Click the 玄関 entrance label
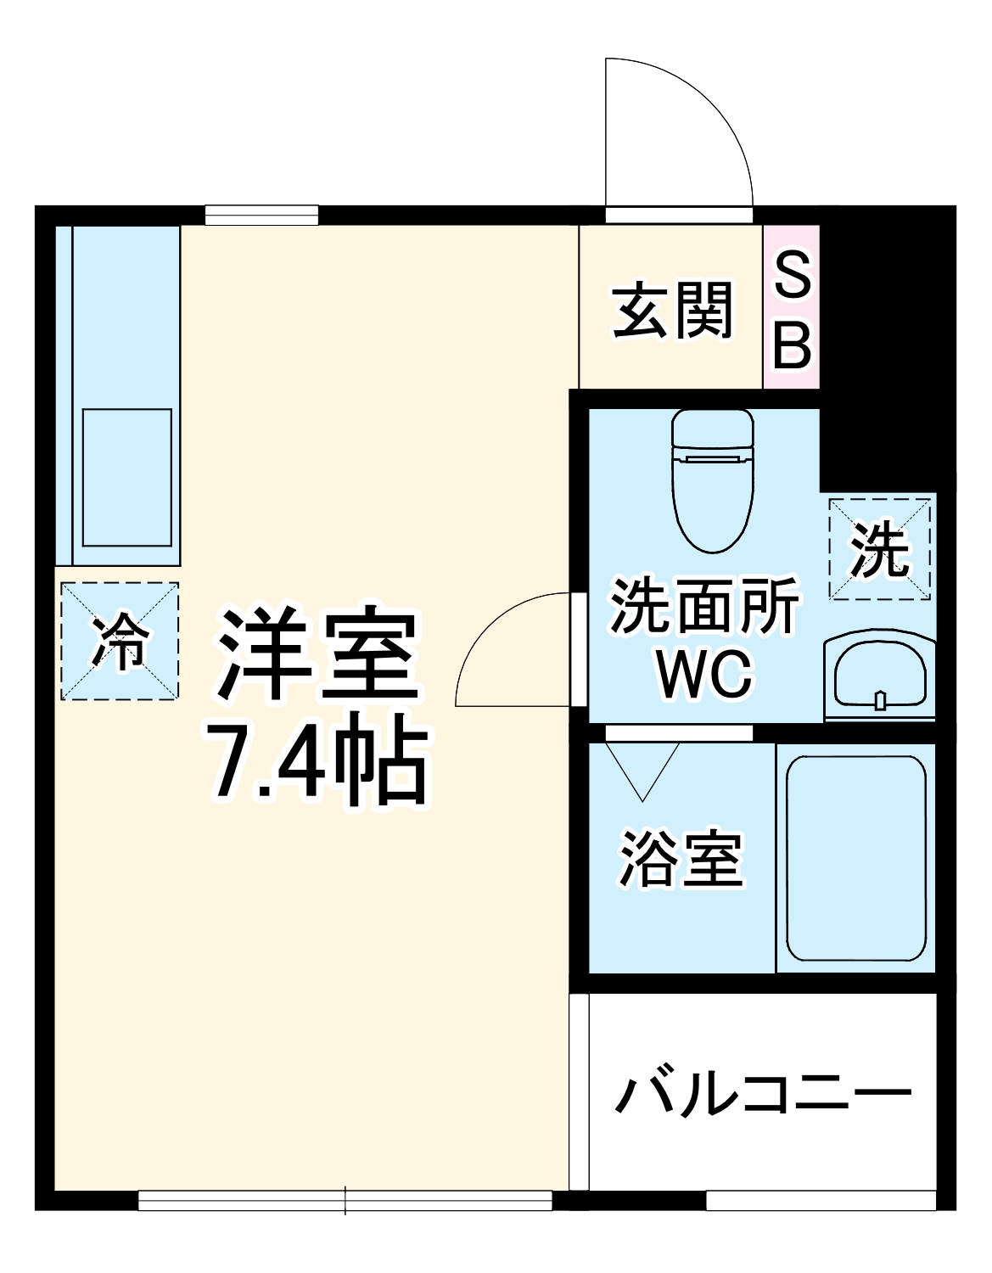point(672,311)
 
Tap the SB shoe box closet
point(792,307)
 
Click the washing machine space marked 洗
point(880,550)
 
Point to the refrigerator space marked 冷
point(120,641)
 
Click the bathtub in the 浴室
point(855,857)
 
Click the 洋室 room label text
point(317,653)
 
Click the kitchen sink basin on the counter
point(127,477)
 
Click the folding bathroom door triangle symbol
point(643,769)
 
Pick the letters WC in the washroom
point(704,675)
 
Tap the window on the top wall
point(261,215)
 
